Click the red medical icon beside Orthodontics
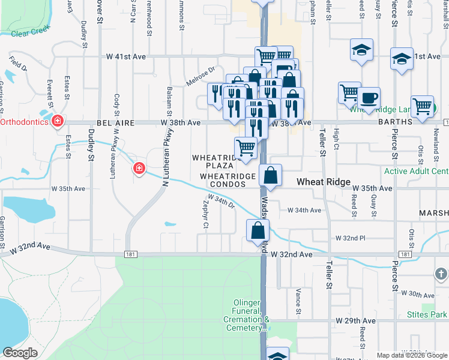[x=58, y=122]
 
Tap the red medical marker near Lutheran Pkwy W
[x=139, y=169]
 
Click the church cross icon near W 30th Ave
[x=441, y=274]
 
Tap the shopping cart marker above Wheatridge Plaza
[x=246, y=148]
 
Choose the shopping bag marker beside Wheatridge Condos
[x=271, y=175]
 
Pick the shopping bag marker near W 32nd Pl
[x=258, y=230]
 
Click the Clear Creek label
[x=29, y=34]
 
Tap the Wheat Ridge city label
[x=324, y=182]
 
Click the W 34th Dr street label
[x=220, y=200]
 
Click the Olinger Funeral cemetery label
[x=248, y=316]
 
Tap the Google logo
[x=20, y=353]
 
